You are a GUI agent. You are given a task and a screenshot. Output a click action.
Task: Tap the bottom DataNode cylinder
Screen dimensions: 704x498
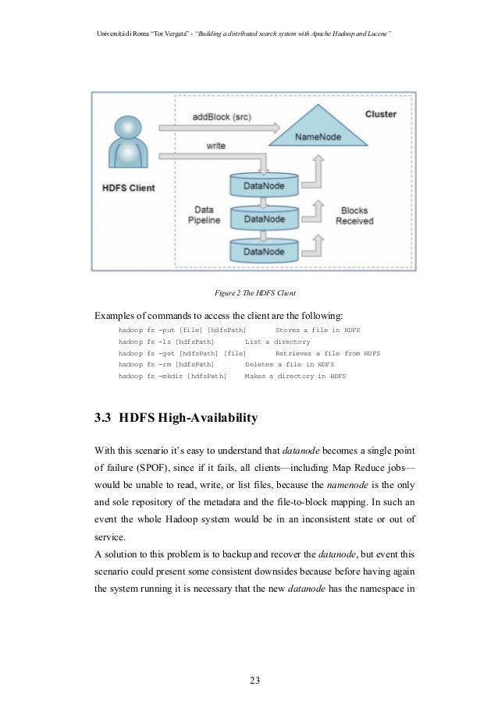tap(264, 251)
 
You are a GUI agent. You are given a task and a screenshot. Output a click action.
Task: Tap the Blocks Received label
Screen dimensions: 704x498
tap(354, 216)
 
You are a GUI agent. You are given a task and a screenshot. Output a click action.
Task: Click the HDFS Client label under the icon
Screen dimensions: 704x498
tap(129, 188)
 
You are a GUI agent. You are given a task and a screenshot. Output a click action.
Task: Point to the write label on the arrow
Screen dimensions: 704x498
tap(216, 145)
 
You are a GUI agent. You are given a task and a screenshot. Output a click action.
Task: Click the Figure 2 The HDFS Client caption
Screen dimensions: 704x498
tap(254, 293)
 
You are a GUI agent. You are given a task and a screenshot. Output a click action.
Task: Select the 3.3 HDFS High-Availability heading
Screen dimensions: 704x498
tap(176, 419)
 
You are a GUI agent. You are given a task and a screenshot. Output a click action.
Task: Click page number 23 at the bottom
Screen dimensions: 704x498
tap(254, 681)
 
